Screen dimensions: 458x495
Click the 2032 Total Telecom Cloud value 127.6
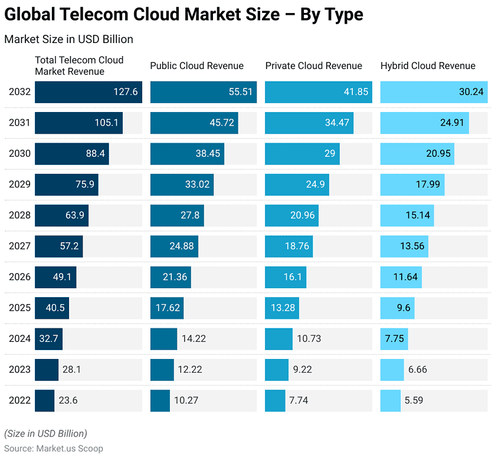[x=125, y=92]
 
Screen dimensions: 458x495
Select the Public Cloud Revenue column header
[x=196, y=66]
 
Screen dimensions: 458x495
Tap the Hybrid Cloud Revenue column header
[x=428, y=66]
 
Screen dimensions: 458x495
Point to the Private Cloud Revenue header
[x=313, y=66]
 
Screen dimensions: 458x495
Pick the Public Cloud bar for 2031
[x=194, y=123]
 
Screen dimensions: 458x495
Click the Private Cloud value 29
[x=330, y=154]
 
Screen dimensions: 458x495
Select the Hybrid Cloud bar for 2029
[x=412, y=184]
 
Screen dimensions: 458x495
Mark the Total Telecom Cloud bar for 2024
[x=48, y=339]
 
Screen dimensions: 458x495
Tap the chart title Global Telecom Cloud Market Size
[x=183, y=15]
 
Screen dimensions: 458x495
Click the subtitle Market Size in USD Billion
[x=68, y=39]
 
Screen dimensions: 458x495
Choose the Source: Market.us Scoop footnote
[x=54, y=448]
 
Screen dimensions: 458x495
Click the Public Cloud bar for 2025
[x=167, y=308]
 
